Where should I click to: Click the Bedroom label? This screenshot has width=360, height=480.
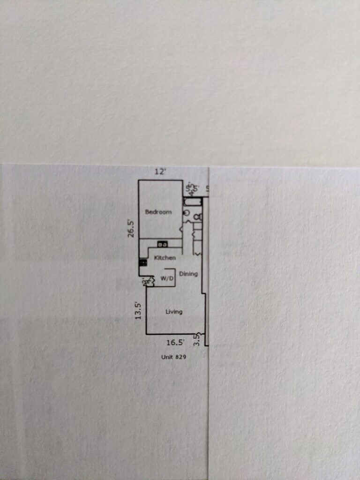158,212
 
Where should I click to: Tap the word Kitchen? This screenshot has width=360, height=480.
165,258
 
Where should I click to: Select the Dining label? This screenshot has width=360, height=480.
188,274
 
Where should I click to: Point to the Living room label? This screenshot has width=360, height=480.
174,312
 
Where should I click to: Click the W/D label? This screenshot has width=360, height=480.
167,278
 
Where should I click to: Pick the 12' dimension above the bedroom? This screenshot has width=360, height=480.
160,172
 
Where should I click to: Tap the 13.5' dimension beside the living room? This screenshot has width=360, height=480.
138,310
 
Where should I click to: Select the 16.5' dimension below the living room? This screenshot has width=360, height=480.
175,343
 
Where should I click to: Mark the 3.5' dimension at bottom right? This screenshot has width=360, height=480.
197,339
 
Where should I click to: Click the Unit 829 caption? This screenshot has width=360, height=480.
173,357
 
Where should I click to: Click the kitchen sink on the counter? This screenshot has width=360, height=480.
163,244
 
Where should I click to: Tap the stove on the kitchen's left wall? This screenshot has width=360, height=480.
142,263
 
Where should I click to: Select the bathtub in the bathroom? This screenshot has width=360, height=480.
192,202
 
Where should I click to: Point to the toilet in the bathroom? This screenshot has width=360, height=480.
198,217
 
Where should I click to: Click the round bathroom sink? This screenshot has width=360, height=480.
186,213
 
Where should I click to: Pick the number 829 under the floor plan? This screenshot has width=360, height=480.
181,357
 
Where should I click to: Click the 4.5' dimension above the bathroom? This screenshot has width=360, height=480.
190,189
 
